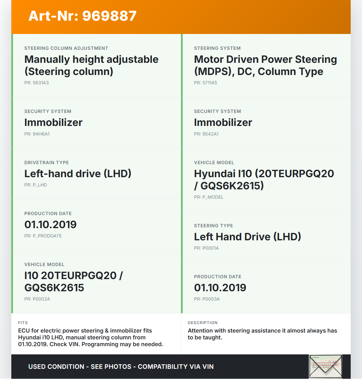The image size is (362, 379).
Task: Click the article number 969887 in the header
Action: pos(109,16)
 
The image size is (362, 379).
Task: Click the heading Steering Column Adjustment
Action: pos(66,48)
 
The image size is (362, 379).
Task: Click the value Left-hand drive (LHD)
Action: pos(78,174)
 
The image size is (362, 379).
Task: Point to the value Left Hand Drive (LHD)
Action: pos(247,237)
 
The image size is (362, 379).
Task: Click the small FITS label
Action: pos(23,323)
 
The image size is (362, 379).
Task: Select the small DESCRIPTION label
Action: pos(202,323)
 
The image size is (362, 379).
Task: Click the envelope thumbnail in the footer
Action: pos(326,366)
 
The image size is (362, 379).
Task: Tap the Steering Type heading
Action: pos(214,226)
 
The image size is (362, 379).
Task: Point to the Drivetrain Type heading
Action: pos(47,163)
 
